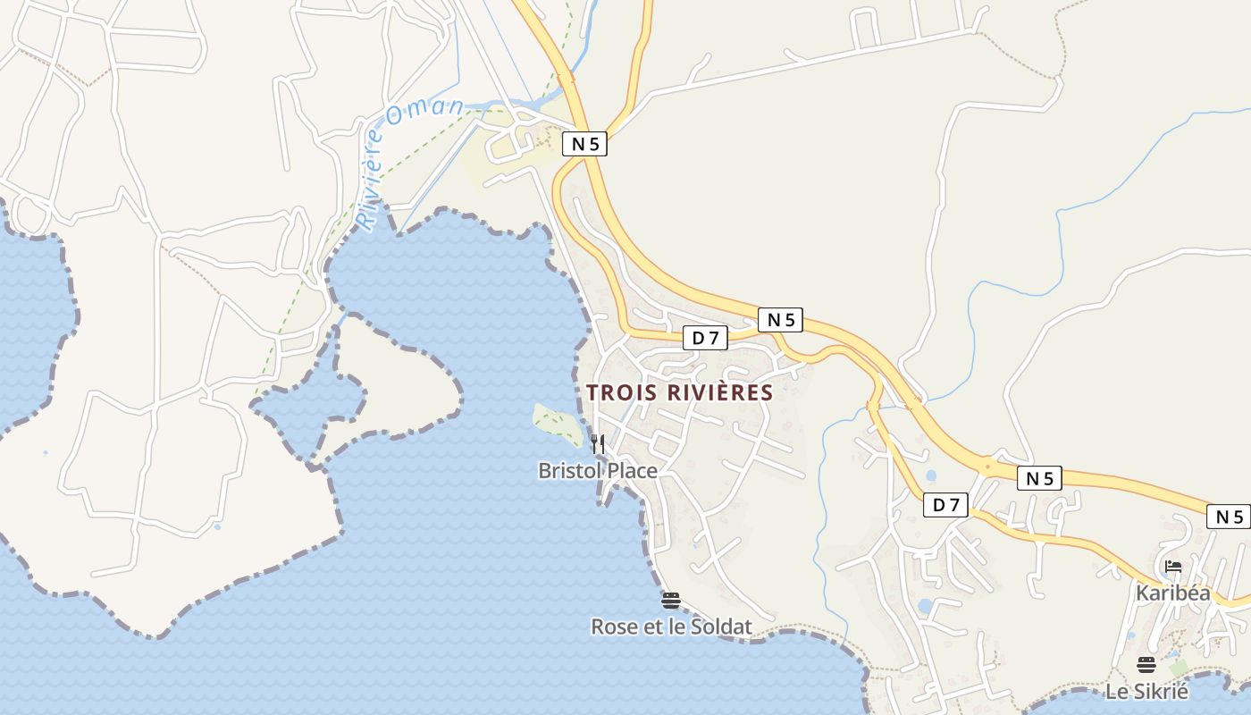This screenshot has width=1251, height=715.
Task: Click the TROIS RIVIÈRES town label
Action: (679, 392)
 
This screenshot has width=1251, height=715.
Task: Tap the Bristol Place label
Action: (597, 470)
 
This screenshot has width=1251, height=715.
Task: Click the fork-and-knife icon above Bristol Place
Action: (598, 443)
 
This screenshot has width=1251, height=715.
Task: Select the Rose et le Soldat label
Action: (671, 627)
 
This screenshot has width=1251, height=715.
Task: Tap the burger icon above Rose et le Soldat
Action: (671, 601)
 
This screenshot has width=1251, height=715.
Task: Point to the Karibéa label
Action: (1172, 593)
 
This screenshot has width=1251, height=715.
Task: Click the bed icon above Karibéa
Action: (1173, 567)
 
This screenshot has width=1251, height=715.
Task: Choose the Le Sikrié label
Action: (1146, 691)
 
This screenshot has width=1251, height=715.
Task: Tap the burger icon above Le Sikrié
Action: (1146, 664)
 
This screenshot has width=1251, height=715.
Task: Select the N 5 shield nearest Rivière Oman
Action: (584, 144)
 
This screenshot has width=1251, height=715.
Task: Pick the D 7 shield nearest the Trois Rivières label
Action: (705, 337)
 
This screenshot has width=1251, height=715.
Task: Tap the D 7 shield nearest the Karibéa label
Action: (945, 505)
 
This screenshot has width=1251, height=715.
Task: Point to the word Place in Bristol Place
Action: (631, 470)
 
